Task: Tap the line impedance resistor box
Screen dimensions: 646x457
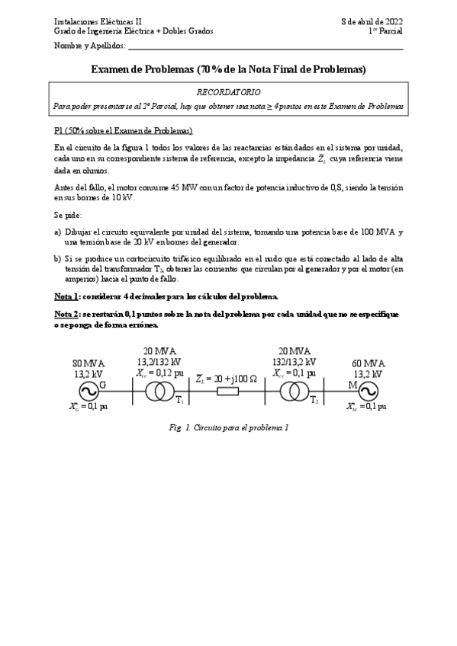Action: pos(227,392)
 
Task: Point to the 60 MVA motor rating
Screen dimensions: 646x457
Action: pos(368,363)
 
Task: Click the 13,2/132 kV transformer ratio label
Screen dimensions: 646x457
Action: pos(160,363)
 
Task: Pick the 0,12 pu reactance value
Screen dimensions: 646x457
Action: pos(169,373)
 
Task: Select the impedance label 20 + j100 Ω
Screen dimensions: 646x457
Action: pos(227,379)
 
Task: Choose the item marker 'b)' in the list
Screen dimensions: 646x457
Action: pos(57,258)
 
